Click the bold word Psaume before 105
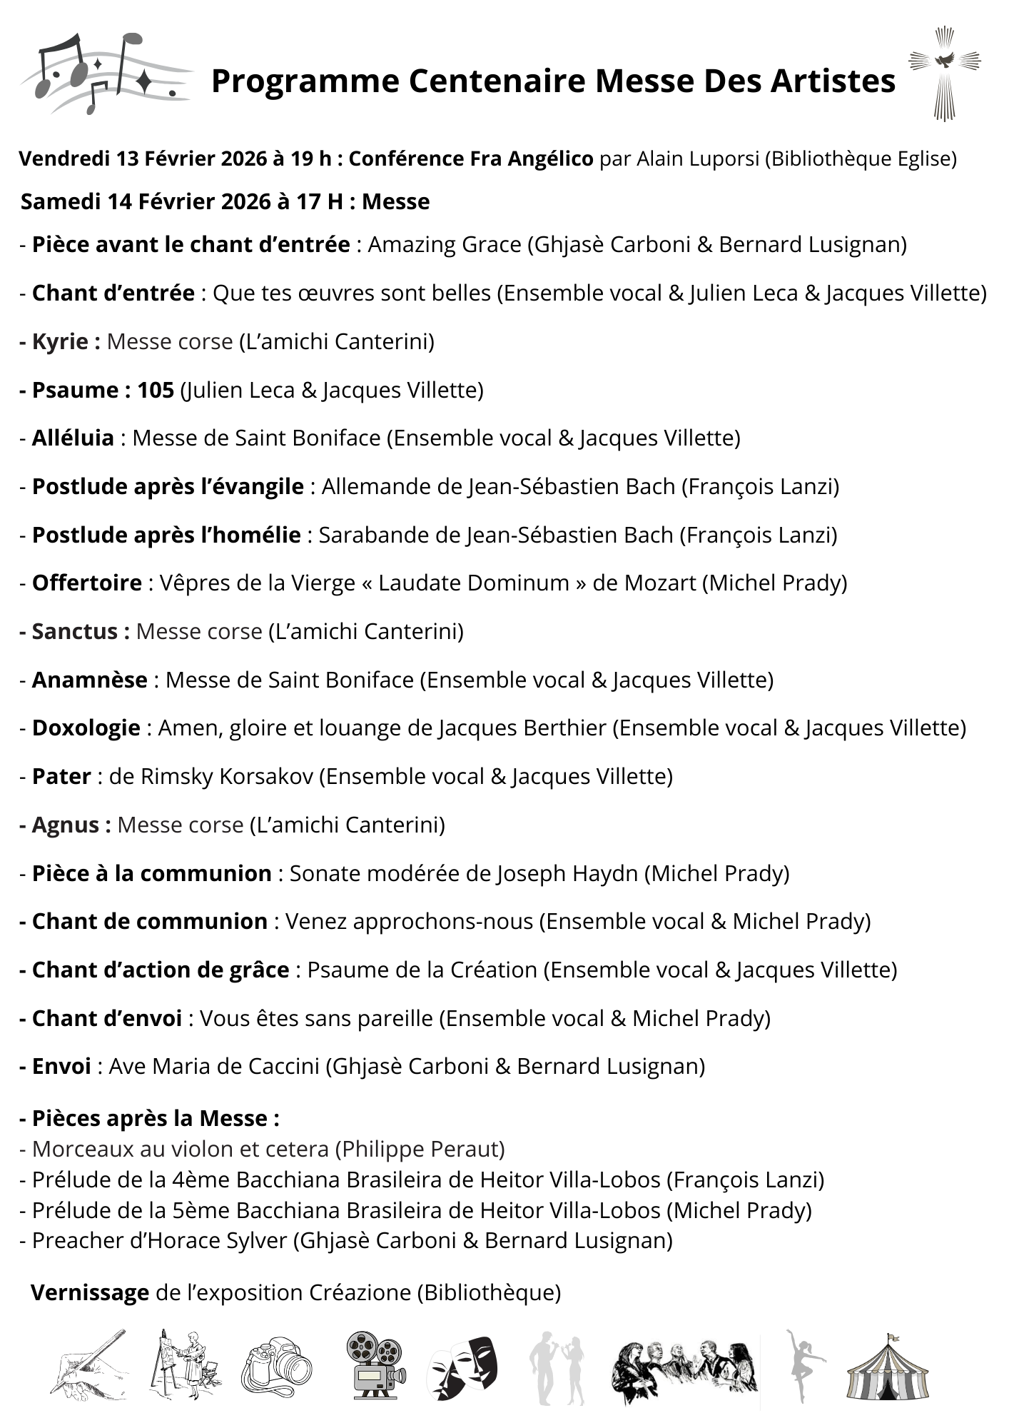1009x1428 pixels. pyautogui.click(x=76, y=390)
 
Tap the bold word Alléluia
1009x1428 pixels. pyautogui.click(x=73, y=438)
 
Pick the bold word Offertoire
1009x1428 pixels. pyautogui.click(x=87, y=583)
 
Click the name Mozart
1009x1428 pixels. pyautogui.click(x=659, y=583)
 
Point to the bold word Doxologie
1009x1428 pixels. pyautogui.click(x=86, y=728)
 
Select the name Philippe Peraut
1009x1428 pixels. pyautogui.click(x=419, y=1149)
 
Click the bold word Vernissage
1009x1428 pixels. pyautogui.click(x=90, y=1292)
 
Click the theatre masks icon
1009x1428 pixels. pyautogui.click(x=462, y=1366)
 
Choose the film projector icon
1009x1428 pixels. pyautogui.click(x=375, y=1366)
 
